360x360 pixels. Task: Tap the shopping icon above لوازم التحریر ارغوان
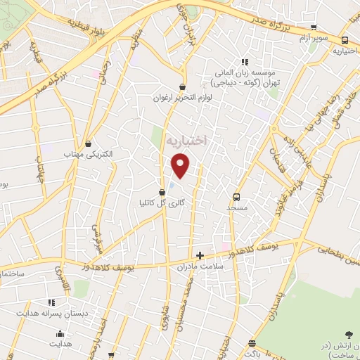(x=182, y=87)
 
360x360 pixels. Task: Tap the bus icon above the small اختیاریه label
(x=345, y=41)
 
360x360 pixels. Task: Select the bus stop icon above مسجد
(x=236, y=197)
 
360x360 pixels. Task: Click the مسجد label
(x=237, y=208)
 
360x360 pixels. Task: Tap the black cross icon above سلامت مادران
(x=200, y=255)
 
